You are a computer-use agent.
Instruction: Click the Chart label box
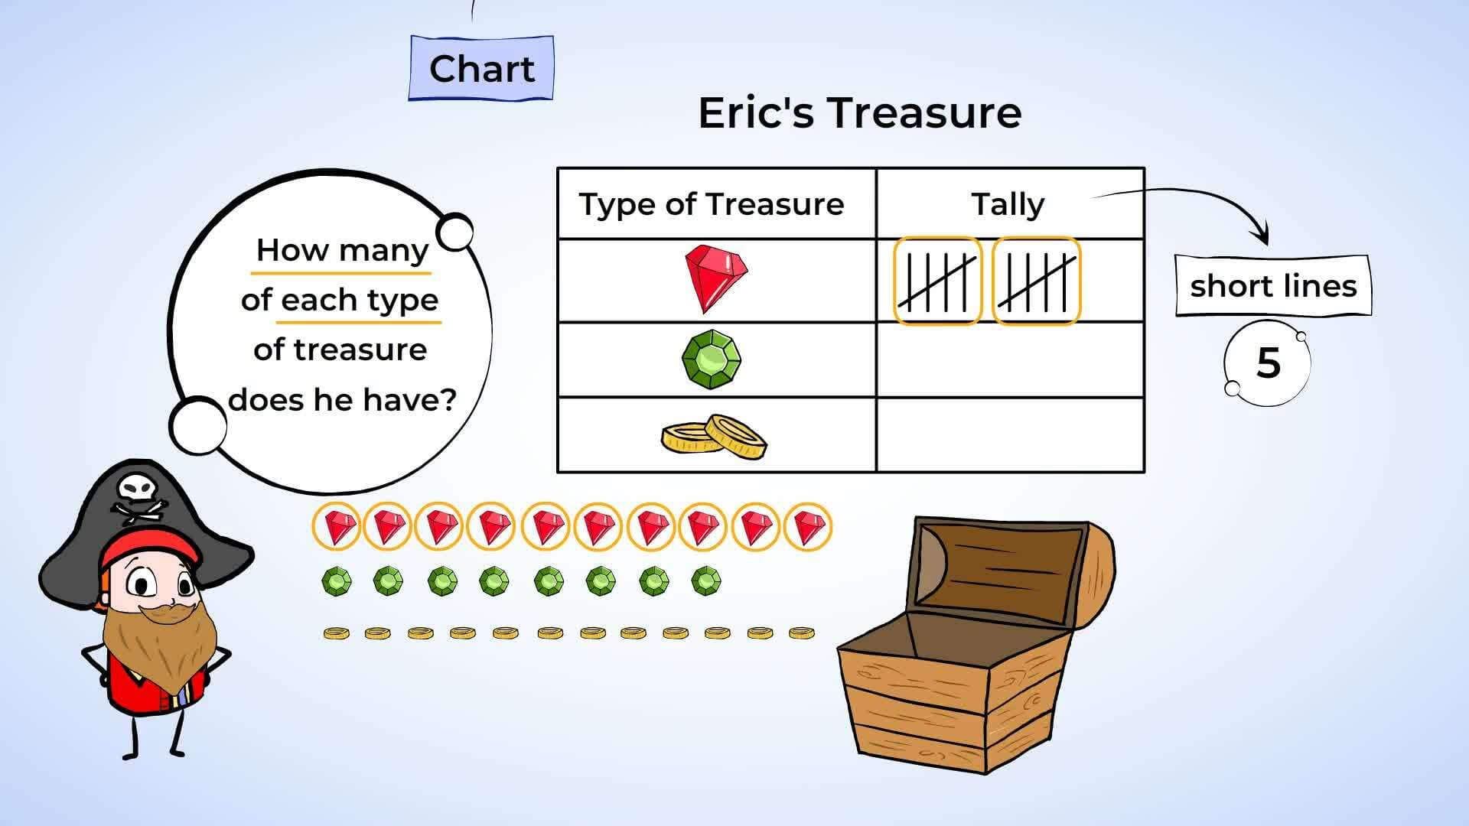pos(481,68)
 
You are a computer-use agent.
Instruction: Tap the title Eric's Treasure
pos(859,112)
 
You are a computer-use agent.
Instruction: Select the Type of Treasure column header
pos(712,204)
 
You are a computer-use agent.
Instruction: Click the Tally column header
pos(1008,204)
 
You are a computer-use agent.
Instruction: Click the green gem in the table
pos(711,359)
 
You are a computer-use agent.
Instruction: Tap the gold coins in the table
pos(714,437)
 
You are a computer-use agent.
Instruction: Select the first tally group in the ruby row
pos(937,281)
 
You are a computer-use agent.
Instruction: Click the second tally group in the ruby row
pos(1037,281)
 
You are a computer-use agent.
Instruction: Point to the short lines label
pos(1273,286)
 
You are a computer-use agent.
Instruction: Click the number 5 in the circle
pos(1268,363)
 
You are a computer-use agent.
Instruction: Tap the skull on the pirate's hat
pos(138,487)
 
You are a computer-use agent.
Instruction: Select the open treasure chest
pos(976,642)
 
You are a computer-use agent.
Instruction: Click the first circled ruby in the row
pos(336,526)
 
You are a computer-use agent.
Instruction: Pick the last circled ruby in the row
pos(808,526)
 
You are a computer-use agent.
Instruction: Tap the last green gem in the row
pos(705,581)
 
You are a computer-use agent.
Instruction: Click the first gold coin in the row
pos(336,633)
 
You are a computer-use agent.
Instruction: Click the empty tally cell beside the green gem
pos(1010,359)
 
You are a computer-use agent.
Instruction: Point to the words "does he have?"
pos(342,399)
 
